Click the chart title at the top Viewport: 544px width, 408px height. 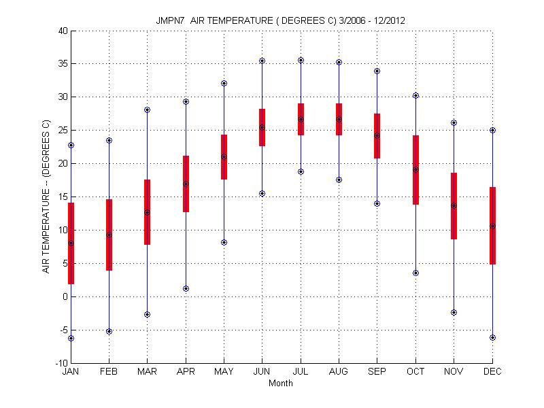(x=281, y=20)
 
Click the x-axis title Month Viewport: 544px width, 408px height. (x=281, y=384)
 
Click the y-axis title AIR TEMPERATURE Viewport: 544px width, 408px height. (x=47, y=197)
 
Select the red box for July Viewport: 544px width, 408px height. (x=301, y=119)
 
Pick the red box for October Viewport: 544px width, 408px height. (x=415, y=170)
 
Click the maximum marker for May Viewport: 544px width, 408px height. (x=224, y=83)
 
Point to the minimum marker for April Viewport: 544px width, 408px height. (x=186, y=288)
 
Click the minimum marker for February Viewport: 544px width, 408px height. (x=109, y=331)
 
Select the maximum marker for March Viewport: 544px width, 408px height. (x=147, y=109)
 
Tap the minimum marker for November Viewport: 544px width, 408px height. (x=454, y=312)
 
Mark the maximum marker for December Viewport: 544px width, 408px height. (x=492, y=130)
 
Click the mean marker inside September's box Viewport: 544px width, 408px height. (x=377, y=135)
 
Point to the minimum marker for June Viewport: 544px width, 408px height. (x=262, y=193)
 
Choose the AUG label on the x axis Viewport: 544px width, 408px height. (x=339, y=372)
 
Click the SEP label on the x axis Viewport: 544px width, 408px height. (x=377, y=372)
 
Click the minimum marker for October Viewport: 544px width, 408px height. (x=415, y=273)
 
